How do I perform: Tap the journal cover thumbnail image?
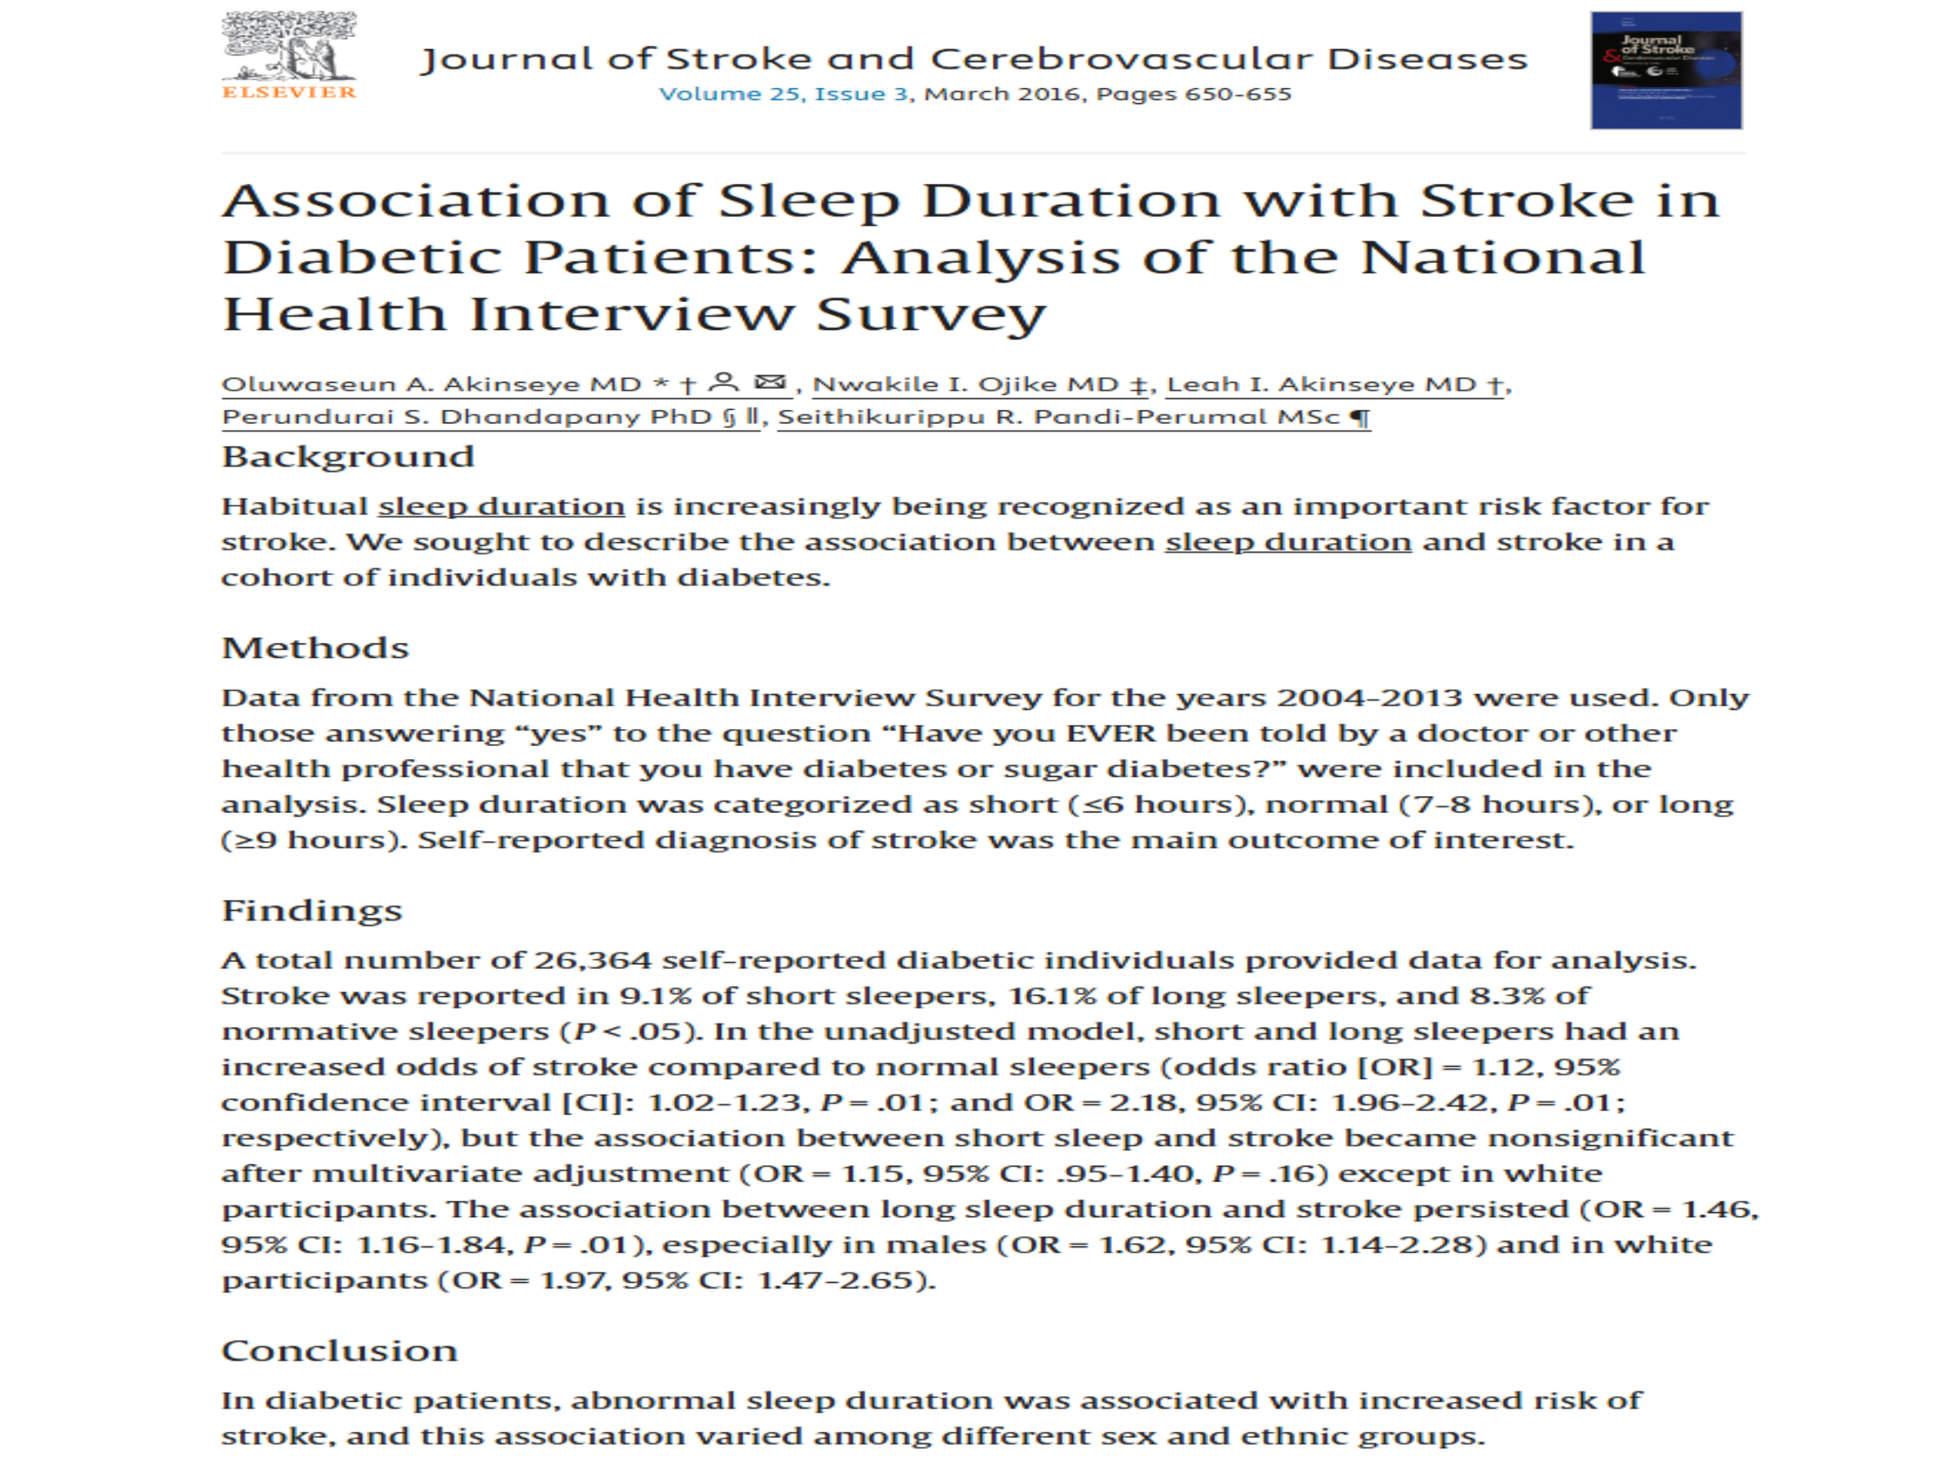[1666, 71]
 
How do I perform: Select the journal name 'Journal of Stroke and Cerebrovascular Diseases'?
[974, 59]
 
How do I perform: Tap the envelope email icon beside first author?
[770, 383]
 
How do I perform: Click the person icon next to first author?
[724, 383]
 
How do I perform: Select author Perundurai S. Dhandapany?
[466, 418]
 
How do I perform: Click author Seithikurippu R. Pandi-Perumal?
[1059, 418]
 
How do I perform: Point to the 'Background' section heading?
[348, 458]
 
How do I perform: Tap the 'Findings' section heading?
[311, 910]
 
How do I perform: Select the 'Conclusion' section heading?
[339, 1351]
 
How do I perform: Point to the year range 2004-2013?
[1369, 698]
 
